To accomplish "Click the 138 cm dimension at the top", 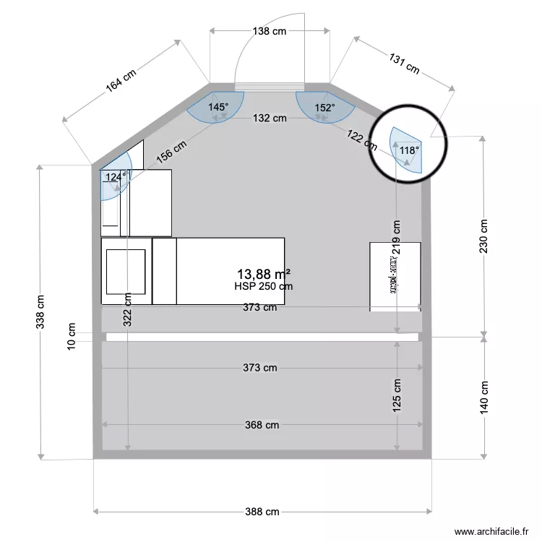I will (x=270, y=31).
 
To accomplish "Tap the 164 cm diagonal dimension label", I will (x=121, y=80).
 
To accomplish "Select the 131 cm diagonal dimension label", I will (x=404, y=64).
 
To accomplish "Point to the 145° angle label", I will (x=218, y=107).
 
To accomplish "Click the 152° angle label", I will (x=324, y=108).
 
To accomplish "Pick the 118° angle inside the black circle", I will (x=409, y=151).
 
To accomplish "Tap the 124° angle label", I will (x=116, y=176).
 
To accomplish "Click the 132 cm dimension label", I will (x=270, y=119).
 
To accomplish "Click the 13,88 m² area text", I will (x=264, y=274).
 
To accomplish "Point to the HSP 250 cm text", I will (x=264, y=286).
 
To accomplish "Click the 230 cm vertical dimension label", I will (x=483, y=236).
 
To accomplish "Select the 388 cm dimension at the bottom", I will (x=262, y=512).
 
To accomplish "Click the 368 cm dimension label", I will (x=262, y=425).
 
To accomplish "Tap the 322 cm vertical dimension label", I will (x=127, y=309).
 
